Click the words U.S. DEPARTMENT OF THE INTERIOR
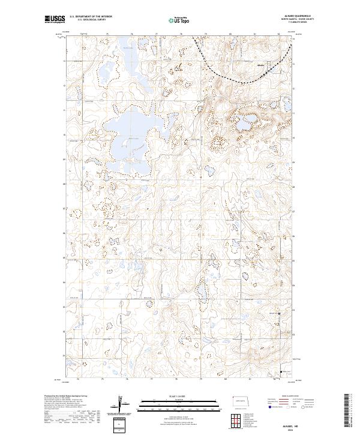coord(91,17)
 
